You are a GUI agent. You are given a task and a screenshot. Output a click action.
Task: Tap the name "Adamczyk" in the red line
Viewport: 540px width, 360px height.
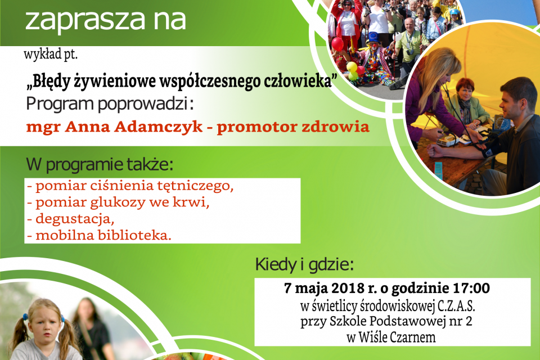pos(169,126)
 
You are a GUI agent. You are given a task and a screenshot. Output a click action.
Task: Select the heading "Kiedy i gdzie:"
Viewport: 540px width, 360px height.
pos(304,264)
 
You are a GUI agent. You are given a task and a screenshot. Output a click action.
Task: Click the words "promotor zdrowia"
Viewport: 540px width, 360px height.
pos(293,126)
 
